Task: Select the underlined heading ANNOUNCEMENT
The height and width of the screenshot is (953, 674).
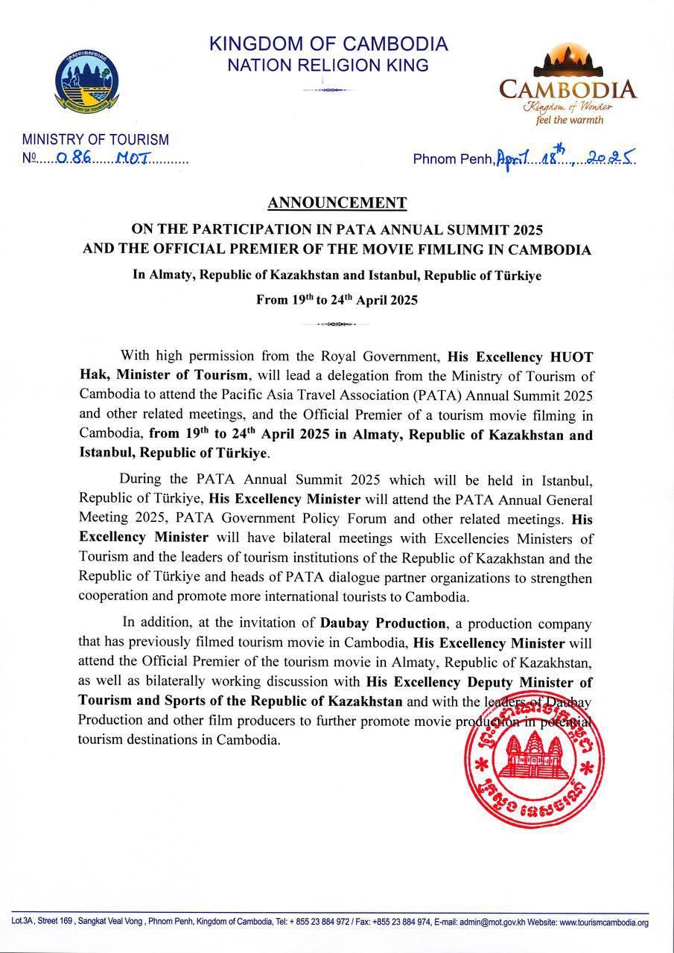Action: (337, 203)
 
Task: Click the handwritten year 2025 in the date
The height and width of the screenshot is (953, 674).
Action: (610, 158)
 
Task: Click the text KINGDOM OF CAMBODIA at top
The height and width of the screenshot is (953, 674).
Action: (328, 44)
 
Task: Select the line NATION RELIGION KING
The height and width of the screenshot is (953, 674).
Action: (328, 66)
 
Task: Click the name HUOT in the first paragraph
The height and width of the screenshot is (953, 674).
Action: (568, 356)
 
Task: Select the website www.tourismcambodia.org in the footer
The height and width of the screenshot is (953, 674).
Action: (604, 922)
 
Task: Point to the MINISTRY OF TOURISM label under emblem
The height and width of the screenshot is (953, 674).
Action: (95, 139)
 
